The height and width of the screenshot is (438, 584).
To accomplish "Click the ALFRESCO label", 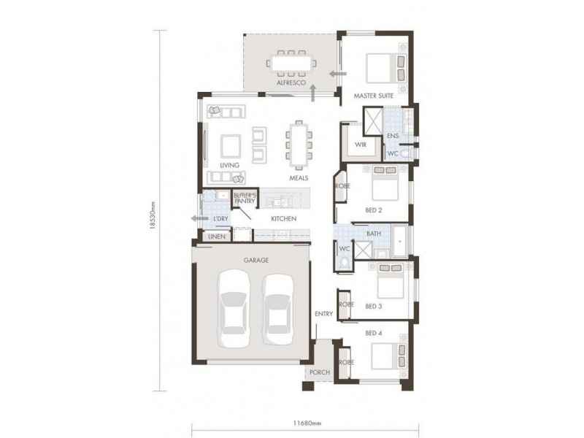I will [290, 84].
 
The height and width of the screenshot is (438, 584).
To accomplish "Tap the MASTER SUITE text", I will [374, 96].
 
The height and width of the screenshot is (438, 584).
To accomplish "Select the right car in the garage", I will [277, 307].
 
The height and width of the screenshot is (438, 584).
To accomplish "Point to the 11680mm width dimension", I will [302, 423].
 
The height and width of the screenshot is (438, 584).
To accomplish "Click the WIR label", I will [360, 145].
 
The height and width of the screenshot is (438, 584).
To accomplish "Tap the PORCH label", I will [319, 372].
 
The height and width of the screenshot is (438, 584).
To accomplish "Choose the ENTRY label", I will [324, 314].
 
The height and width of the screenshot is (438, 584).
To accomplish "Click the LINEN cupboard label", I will [215, 237].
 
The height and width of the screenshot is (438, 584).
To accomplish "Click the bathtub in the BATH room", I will [401, 242].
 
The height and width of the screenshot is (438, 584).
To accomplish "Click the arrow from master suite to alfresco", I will [336, 74].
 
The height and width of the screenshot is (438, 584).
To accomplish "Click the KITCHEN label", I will [283, 218].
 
